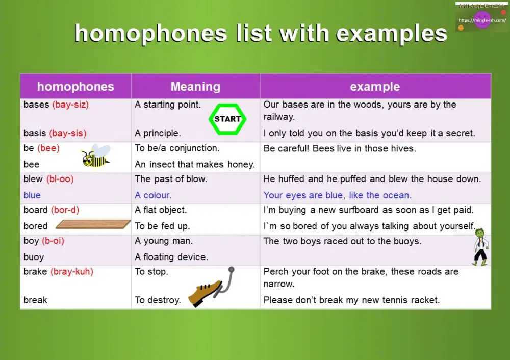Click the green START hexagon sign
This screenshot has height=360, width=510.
pyautogui.click(x=227, y=119)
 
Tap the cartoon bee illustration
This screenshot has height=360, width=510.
pyautogui.click(x=96, y=157)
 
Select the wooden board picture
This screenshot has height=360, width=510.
pyautogui.click(x=93, y=224)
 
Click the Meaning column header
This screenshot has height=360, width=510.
pyautogui.click(x=195, y=87)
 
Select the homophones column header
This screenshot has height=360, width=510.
pyautogui.click(x=75, y=87)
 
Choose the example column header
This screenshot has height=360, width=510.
pyautogui.click(x=375, y=87)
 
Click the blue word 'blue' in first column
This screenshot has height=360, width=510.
pyautogui.click(x=32, y=195)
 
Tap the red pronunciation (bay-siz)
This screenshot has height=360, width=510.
pyautogui.click(x=70, y=105)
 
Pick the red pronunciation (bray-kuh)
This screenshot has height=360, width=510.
pyautogui.click(x=72, y=272)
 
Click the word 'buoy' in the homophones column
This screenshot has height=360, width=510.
pyautogui.click(x=34, y=258)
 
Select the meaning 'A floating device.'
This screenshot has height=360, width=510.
pyautogui.click(x=171, y=258)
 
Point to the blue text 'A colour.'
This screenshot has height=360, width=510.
pyautogui.click(x=153, y=195)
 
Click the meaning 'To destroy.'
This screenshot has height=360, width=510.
pyautogui.click(x=158, y=300)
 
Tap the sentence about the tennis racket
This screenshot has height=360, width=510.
pyautogui.click(x=351, y=300)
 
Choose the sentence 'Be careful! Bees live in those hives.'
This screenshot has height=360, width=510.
pyautogui.click(x=340, y=149)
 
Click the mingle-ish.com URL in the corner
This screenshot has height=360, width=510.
pyautogui.click(x=482, y=21)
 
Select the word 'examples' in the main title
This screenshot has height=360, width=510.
pyautogui.click(x=392, y=34)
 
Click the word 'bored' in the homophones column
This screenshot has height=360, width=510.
pyautogui.click(x=36, y=226)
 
